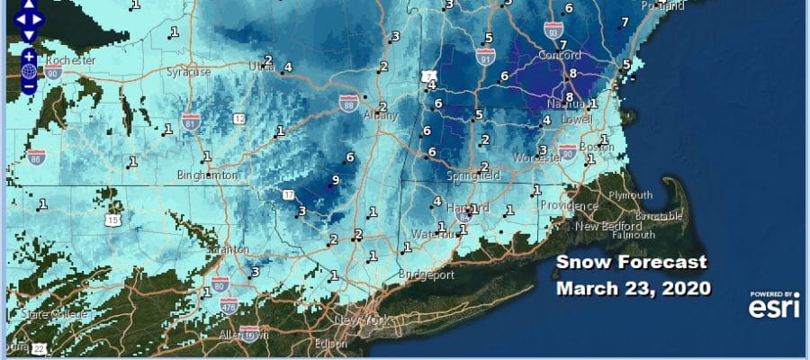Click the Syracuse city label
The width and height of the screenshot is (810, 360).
point(188,71)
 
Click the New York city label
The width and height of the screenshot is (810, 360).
point(355,321)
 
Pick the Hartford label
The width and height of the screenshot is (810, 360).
point(447,208)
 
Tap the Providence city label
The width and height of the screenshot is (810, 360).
point(569,205)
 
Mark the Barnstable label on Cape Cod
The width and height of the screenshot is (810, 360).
point(658,217)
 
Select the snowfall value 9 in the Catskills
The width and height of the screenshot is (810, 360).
point(335,180)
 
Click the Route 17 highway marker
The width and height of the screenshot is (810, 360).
point(289,194)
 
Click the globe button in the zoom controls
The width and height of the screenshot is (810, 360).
point(29,71)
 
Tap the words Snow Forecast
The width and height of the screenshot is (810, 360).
point(631,263)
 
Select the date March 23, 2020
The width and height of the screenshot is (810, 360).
point(634,289)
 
